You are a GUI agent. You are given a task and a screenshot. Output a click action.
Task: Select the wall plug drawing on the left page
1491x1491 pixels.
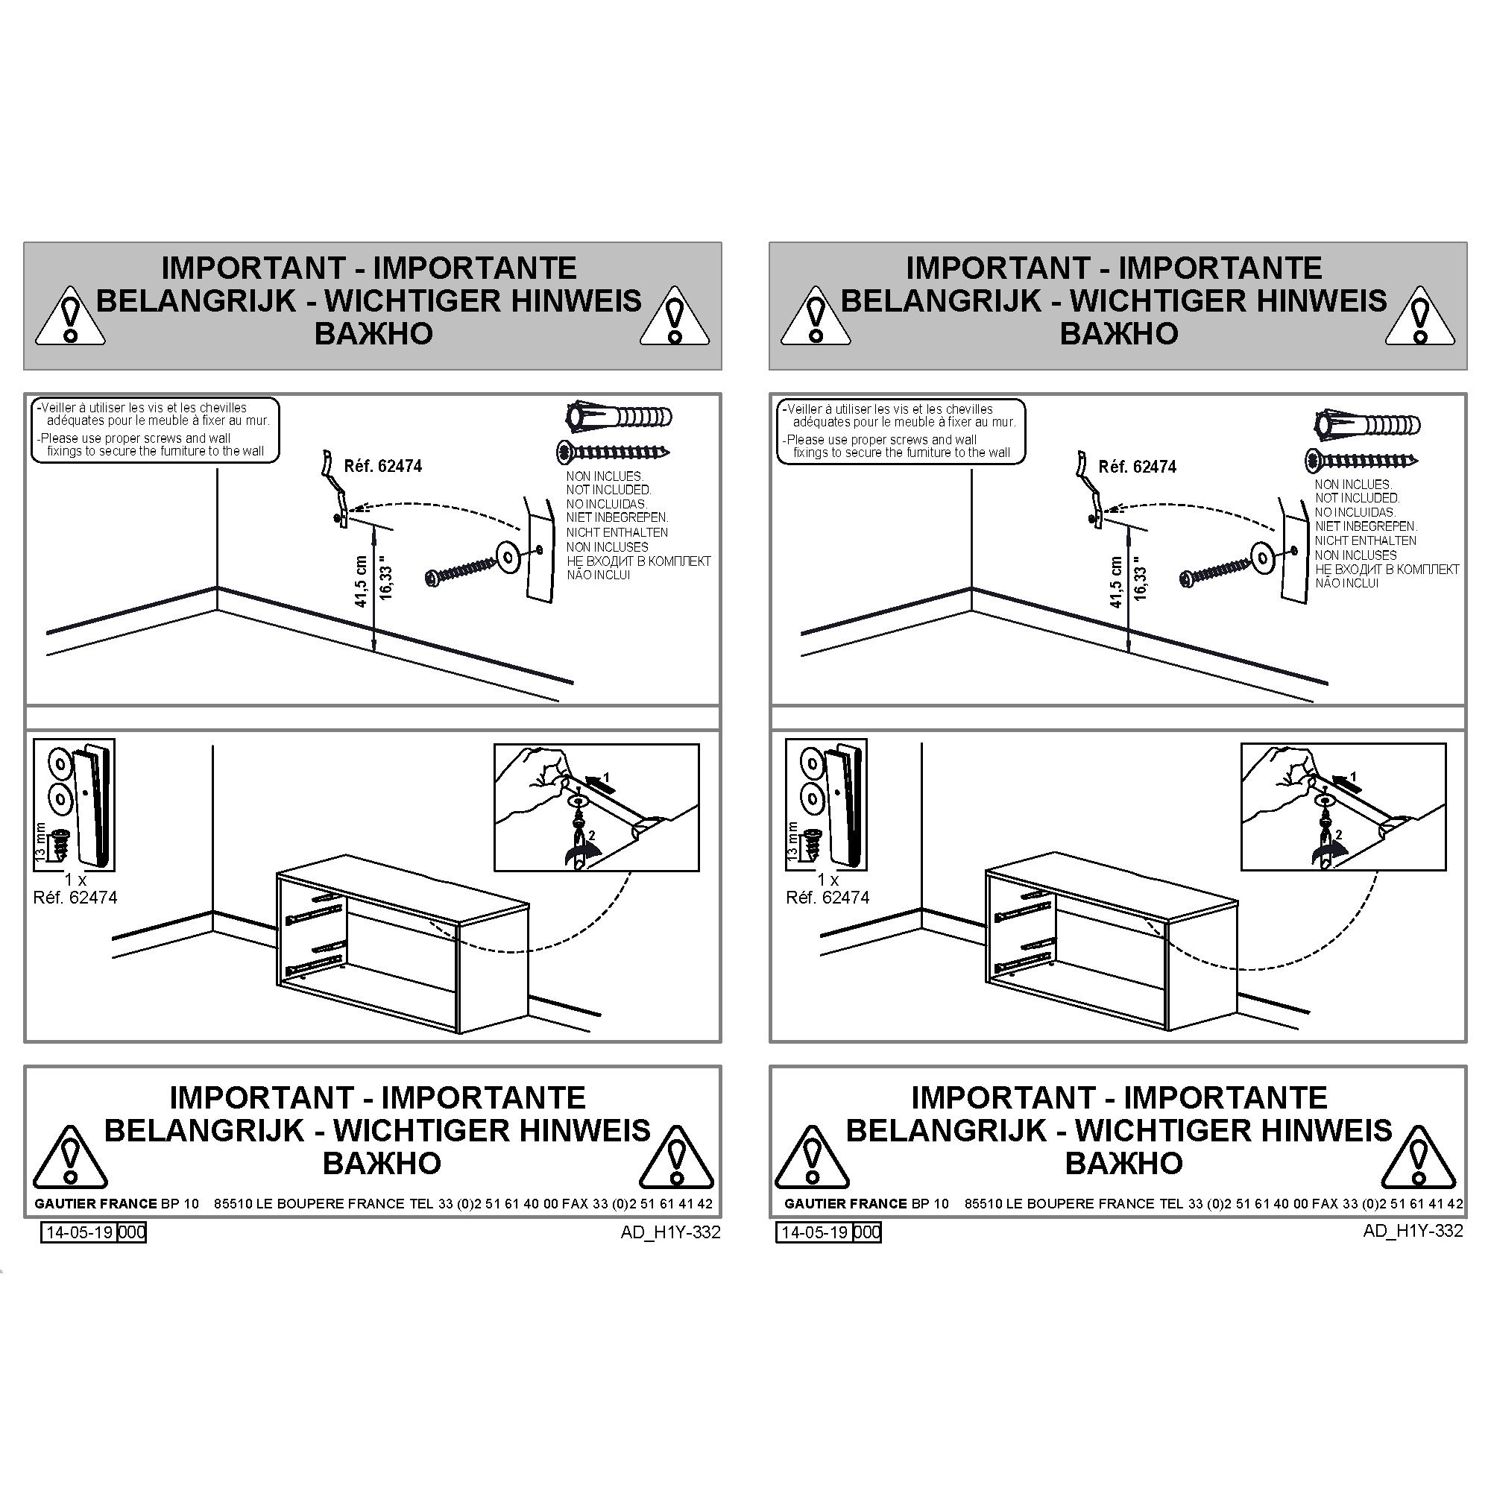point(619,417)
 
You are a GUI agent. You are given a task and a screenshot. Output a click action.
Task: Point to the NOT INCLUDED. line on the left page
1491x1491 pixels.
point(608,489)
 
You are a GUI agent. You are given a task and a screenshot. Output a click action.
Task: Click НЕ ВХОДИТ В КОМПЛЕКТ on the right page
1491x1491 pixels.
point(1387,570)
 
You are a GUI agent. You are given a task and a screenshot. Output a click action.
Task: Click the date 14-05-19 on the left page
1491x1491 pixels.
point(81,1232)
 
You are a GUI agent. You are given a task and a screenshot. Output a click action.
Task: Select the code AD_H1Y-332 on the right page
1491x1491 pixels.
point(1413,1231)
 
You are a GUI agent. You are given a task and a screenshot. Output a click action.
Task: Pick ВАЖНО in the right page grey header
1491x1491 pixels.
point(1118,333)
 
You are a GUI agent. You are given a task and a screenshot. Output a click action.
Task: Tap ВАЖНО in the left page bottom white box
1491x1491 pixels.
point(381,1163)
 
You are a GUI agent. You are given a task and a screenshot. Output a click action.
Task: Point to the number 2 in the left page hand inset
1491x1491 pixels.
point(592,836)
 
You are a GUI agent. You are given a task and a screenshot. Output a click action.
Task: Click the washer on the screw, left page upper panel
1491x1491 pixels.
point(508,555)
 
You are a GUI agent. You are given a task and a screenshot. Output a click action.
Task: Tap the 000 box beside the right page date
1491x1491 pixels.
point(868,1232)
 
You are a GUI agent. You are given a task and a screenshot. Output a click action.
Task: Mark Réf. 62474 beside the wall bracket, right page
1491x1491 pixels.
point(1137,467)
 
